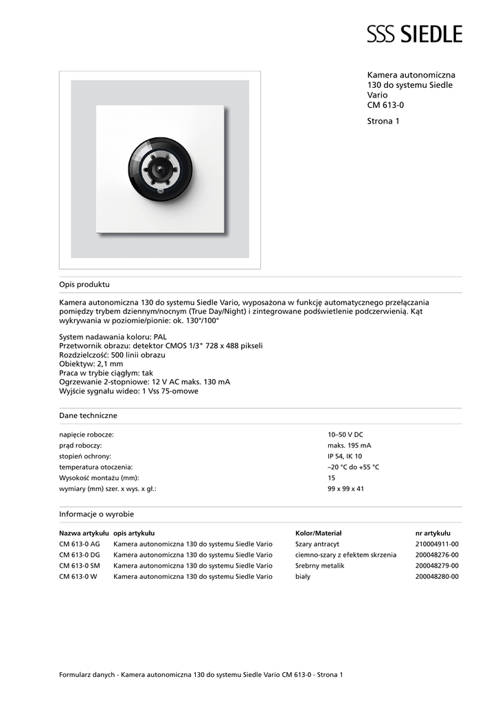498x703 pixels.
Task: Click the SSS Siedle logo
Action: pos(414,34)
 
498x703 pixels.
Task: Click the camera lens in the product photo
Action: pos(160,168)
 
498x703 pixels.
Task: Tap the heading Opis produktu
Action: pos(84,284)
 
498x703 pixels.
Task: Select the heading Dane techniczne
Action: pos(88,415)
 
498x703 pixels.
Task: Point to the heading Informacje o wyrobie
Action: pos(96,514)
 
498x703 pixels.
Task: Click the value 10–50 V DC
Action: pos(346,435)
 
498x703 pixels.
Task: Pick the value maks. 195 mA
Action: pos(349,446)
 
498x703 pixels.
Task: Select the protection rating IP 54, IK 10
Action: pos(345,456)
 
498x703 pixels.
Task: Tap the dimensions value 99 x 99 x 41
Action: pos(346,489)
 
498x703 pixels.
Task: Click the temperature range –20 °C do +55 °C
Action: pos(353,467)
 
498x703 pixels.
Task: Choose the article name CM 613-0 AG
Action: pos(80,544)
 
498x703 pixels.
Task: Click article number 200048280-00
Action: pos(437,577)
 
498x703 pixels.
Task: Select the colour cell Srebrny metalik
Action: pos(319,566)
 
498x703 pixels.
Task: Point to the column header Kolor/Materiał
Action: pos(318,533)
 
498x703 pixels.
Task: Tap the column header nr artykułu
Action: pos(433,533)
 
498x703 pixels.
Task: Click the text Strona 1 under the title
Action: pos(383,122)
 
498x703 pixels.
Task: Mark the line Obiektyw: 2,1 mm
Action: pos(91,364)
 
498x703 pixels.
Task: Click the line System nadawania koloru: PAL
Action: pos(113,337)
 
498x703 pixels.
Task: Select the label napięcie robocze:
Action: pos(87,435)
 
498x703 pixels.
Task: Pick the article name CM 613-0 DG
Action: pos(80,555)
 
